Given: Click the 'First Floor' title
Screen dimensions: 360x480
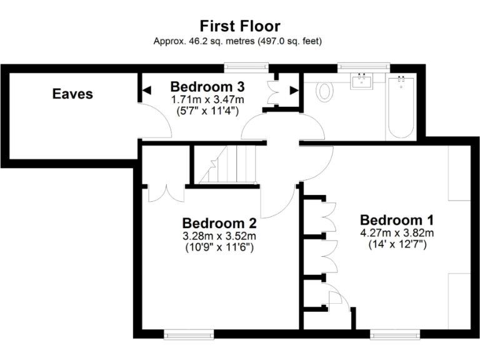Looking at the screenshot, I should pyautogui.click(x=240, y=26).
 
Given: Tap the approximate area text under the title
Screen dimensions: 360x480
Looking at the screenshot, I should pyautogui.click(x=240, y=41).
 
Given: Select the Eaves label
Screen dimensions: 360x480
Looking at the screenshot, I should pyautogui.click(x=72, y=94).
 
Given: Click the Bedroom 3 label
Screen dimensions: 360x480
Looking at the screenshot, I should pyautogui.click(x=207, y=86).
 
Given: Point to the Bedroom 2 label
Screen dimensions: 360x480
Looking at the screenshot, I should pyautogui.click(x=219, y=223).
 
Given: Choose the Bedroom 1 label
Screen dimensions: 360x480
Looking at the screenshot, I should pyautogui.click(x=397, y=220).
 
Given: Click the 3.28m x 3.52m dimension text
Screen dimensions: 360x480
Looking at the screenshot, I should pyautogui.click(x=219, y=236).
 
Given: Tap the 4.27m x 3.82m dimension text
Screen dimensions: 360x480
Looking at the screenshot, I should pyautogui.click(x=397, y=233).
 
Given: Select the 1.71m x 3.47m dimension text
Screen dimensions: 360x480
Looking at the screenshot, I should pyautogui.click(x=207, y=99).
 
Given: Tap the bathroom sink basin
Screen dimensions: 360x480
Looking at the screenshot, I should pyautogui.click(x=362, y=82).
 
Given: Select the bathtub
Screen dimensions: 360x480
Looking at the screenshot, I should pyautogui.click(x=401, y=106).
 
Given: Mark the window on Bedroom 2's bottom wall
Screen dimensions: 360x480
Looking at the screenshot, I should pyautogui.click(x=188, y=334).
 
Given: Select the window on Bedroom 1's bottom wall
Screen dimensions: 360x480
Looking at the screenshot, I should pyautogui.click(x=391, y=334).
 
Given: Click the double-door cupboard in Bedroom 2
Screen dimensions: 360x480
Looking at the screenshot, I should pyautogui.click(x=166, y=192).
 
